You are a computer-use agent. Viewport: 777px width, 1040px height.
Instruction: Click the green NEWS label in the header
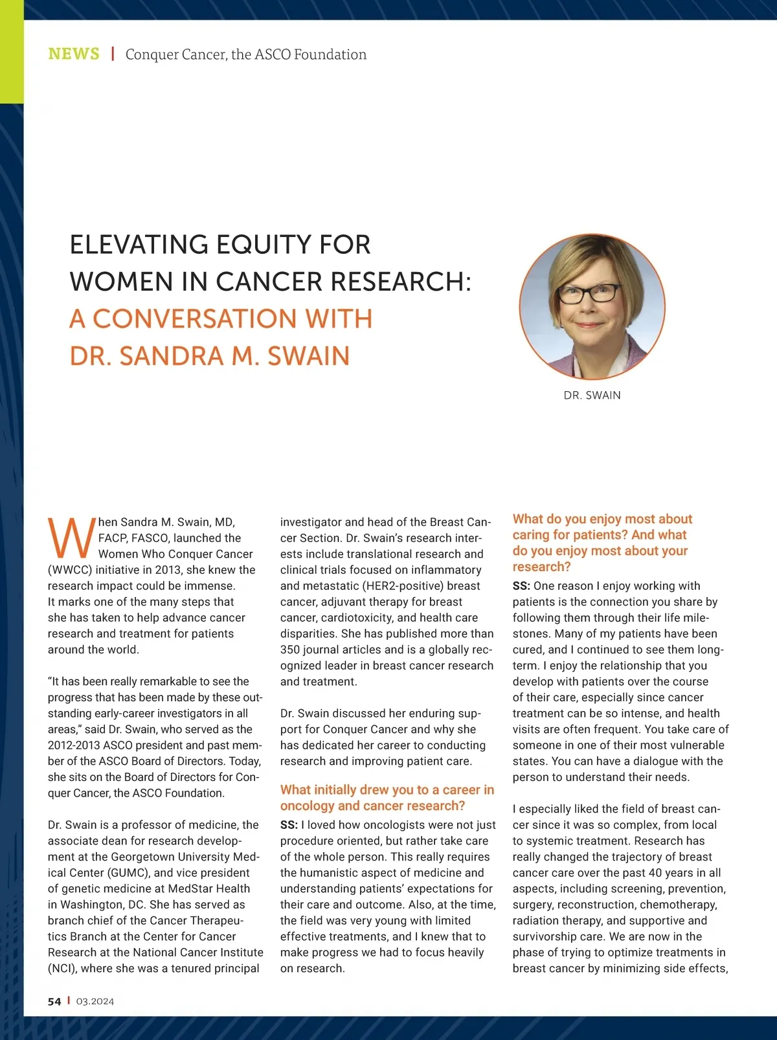74,54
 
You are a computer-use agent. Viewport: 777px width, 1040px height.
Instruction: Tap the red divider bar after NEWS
113,54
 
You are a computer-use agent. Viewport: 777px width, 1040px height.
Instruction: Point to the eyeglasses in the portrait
589,293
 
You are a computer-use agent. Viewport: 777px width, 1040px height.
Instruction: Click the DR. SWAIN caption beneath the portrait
592,395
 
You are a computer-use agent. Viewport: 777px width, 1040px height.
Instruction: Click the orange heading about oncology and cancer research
387,798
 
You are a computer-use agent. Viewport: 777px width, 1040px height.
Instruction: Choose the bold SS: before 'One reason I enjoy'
521,586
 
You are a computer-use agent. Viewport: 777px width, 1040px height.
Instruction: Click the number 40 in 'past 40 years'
659,873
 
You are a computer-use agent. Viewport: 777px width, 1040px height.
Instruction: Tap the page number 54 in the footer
54,1002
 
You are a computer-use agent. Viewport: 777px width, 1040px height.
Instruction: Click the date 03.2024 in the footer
95,1002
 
